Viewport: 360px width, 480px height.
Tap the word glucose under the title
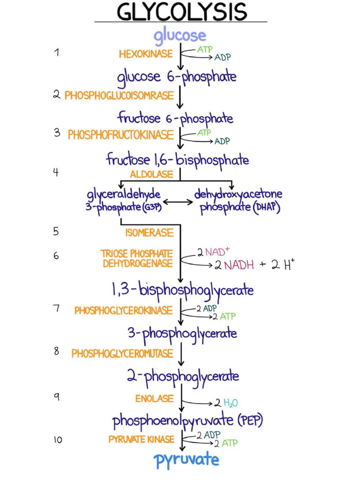(x=180, y=35)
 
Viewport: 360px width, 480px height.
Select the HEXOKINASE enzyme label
(x=146, y=54)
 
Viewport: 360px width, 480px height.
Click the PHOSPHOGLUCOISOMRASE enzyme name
(x=119, y=96)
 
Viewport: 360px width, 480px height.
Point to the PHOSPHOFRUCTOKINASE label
(x=120, y=135)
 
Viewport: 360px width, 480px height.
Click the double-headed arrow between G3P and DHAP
(x=178, y=202)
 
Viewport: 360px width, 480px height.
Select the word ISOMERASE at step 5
(x=149, y=232)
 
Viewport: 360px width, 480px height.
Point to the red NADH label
(x=239, y=265)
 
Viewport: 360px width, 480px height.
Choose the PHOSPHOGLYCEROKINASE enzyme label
(x=123, y=310)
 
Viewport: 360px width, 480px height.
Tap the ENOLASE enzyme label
(x=154, y=399)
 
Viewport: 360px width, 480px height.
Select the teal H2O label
(x=231, y=403)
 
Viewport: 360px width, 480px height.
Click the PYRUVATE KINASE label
(x=141, y=440)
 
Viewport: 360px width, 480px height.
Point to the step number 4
(x=56, y=172)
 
